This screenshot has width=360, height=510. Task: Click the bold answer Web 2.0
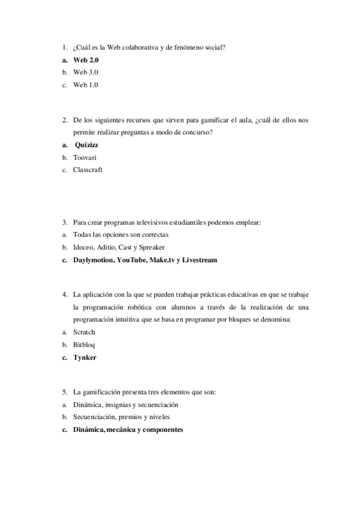coord(86,61)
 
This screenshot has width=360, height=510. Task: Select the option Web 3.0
coord(86,73)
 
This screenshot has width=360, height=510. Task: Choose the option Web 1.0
coord(85,85)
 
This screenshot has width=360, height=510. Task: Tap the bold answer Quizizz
coord(90,145)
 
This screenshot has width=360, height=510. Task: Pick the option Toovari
coord(85,157)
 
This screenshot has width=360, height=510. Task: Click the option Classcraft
coord(88,170)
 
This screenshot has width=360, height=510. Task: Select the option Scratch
coord(84,332)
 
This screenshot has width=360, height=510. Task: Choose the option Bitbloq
coord(84,345)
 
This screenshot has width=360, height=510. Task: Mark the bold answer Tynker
coord(85,357)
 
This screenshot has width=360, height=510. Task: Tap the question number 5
coord(64,392)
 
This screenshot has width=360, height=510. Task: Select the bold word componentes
coord(160,430)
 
